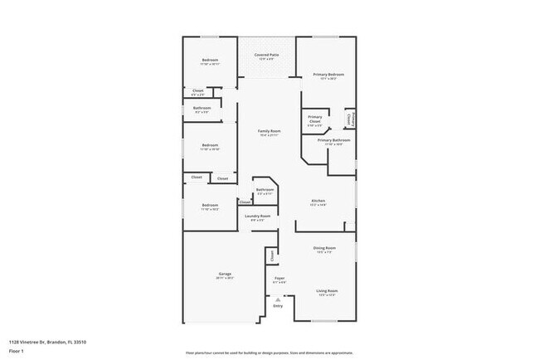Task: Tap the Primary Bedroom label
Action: (x=328, y=75)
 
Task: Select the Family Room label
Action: (x=269, y=131)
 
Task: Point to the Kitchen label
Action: (x=318, y=201)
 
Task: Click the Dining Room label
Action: (x=324, y=248)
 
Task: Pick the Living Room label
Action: (x=327, y=290)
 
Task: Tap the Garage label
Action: (x=224, y=273)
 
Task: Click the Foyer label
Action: (x=279, y=278)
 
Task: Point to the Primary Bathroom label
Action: (x=333, y=140)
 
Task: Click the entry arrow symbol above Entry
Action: (x=278, y=299)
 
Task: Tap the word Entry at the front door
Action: (x=278, y=306)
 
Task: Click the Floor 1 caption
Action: (x=17, y=351)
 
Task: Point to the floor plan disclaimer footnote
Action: (x=269, y=352)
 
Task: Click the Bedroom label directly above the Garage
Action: (x=210, y=205)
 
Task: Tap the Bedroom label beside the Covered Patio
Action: (x=210, y=61)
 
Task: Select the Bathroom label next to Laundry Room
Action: (x=265, y=190)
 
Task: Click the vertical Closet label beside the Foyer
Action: (x=270, y=256)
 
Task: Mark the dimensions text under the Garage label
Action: (x=224, y=278)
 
